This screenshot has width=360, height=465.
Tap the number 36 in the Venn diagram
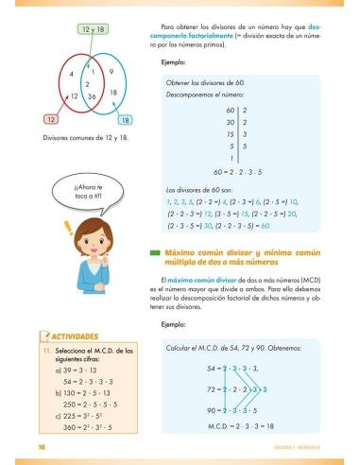point(92,96)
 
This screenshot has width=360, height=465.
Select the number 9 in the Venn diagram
point(111,72)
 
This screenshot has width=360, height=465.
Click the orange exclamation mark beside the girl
point(41,228)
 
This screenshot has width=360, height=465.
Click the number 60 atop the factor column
point(229,111)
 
